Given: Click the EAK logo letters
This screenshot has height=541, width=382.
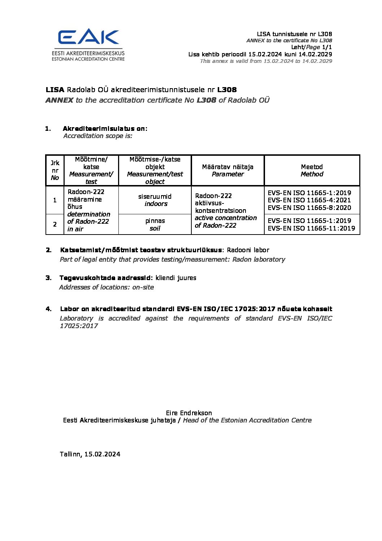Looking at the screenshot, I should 88,37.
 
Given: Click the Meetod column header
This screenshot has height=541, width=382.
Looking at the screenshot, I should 312,170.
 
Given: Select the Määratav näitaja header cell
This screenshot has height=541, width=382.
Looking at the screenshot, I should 227,170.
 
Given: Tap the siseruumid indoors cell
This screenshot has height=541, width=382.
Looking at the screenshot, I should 155,200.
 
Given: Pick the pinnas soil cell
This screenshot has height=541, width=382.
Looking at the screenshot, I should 155,224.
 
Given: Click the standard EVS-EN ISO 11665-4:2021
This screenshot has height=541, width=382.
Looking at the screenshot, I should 309,200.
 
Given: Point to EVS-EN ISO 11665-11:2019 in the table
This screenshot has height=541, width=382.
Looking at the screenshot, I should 311,228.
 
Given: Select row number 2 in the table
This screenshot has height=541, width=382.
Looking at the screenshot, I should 55,224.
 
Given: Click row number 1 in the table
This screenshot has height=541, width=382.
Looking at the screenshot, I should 55,200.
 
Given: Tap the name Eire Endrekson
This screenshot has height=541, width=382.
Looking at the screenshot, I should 189,413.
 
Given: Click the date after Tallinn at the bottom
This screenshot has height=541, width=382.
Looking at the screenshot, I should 102,454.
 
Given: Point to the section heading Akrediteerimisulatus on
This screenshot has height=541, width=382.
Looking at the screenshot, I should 105,128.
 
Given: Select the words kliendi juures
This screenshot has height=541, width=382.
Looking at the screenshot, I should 176,278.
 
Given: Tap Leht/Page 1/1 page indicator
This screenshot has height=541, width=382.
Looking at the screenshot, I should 312,47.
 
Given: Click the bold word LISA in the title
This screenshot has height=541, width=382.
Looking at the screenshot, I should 55,90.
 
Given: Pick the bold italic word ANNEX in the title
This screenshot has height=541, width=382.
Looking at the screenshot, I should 59,100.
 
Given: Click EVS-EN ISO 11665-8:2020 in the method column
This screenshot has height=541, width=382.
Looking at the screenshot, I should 309,207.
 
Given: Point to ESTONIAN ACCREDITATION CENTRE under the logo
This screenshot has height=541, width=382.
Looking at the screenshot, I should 88,59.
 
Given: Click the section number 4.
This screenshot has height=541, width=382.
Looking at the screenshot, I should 48,309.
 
